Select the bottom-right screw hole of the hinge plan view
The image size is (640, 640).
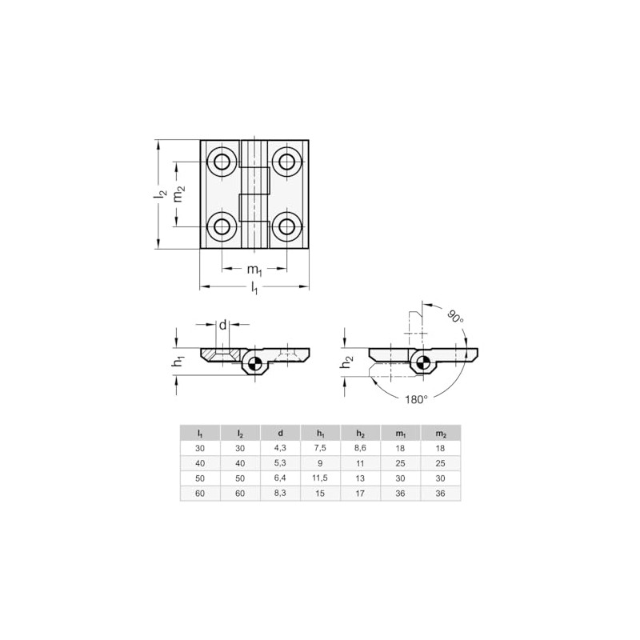coord(285,226)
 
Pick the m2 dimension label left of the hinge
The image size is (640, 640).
coord(181,194)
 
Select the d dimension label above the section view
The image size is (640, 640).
coord(223,325)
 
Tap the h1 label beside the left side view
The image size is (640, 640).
coord(178,362)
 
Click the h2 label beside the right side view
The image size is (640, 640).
coord(346,362)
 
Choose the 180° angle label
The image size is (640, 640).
coord(416,398)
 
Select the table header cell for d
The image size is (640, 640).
coord(281,433)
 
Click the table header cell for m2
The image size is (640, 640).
coord(441,433)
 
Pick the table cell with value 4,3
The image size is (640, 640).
coord(281,448)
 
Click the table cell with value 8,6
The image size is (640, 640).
coord(361,448)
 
